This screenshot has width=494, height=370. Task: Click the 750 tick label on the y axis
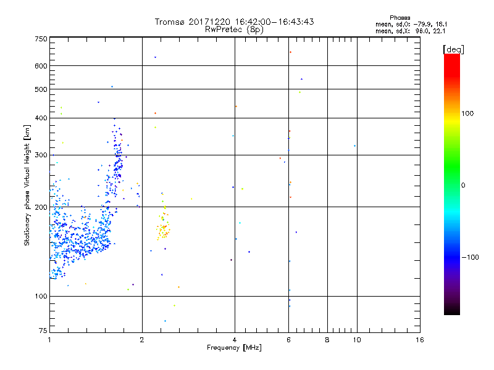tap(41, 39)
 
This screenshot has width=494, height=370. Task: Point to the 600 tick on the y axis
tap(41, 66)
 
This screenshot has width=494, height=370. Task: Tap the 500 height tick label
tap(41, 89)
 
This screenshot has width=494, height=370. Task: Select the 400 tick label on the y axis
tap(41, 118)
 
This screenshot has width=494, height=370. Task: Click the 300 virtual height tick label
tap(41, 155)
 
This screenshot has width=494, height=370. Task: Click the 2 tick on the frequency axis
tap(142, 340)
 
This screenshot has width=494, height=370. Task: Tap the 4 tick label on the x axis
tap(235, 340)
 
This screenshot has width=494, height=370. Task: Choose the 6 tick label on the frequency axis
tap(289, 340)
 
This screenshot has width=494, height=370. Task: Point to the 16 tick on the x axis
tap(420, 340)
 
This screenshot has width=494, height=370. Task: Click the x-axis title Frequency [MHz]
tap(234, 348)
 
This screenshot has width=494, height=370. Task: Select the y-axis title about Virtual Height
tap(27, 185)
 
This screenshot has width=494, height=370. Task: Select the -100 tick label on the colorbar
tap(471, 257)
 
